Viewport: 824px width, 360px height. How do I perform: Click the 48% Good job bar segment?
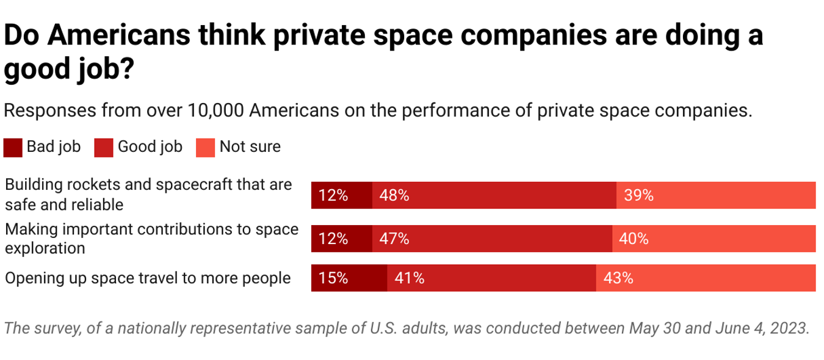pyautogui.click(x=494, y=195)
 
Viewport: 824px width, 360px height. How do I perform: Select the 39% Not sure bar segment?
pyautogui.click(x=715, y=195)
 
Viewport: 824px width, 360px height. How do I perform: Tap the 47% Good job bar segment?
pyautogui.click(x=492, y=239)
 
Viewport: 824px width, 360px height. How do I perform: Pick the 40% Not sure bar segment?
pyautogui.click(x=714, y=239)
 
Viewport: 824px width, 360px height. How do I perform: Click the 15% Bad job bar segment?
pyautogui.click(x=349, y=278)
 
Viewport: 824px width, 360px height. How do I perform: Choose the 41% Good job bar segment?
pyautogui.click(x=491, y=278)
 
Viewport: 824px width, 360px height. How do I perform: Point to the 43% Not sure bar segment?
pyautogui.click(x=706, y=278)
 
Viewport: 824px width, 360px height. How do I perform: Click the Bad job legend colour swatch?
pyautogui.click(x=13, y=148)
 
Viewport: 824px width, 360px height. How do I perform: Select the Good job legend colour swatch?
pyautogui.click(x=104, y=148)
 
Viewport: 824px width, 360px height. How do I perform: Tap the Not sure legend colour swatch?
pyautogui.click(x=205, y=148)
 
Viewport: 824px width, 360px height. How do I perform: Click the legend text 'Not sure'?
pyautogui.click(x=250, y=147)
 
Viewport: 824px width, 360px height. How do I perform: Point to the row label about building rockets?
pyautogui.click(x=148, y=194)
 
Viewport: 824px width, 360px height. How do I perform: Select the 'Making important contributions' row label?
pyautogui.click(x=151, y=238)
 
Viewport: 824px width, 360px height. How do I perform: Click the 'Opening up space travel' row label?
pyautogui.click(x=147, y=278)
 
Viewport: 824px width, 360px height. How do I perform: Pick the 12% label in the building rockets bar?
pyautogui.click(x=333, y=195)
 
